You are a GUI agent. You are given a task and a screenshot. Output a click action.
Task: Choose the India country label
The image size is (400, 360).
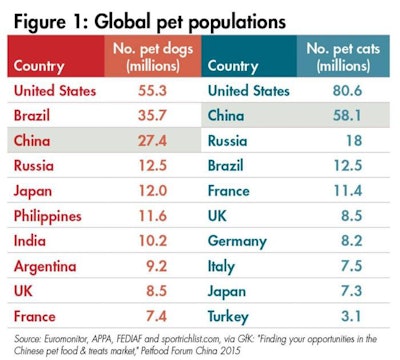[x=31, y=241]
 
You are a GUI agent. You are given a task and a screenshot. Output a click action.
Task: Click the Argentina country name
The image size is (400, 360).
[x=47, y=266]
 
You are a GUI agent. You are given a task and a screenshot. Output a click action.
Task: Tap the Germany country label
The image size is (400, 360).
[x=243, y=241]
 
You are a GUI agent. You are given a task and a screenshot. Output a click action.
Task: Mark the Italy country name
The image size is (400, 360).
[x=227, y=266]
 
